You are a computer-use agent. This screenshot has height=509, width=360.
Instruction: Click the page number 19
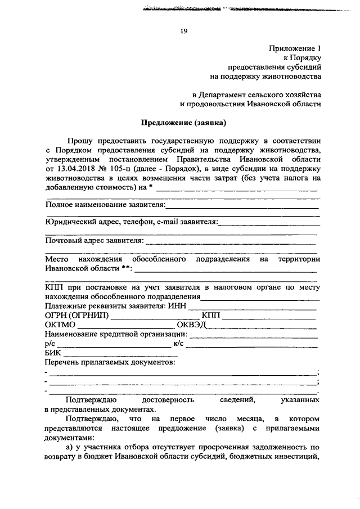point(183,31)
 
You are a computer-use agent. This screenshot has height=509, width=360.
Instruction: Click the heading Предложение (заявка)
point(183,121)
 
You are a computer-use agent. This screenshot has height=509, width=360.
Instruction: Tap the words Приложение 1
point(296,49)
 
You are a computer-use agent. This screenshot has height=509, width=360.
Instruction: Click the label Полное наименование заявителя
point(105,205)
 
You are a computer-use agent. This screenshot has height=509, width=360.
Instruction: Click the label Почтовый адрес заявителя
point(93,241)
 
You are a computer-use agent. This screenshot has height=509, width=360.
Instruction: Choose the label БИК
point(53,353)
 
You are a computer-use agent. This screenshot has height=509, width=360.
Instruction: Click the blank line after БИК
point(121,356)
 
